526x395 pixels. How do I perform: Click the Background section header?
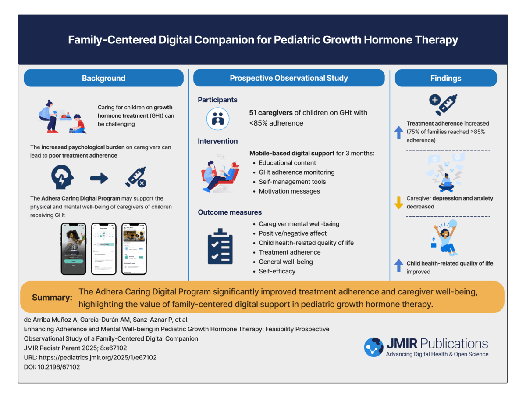[103, 78]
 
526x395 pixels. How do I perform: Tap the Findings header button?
[446, 78]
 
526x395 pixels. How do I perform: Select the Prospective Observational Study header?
[289, 78]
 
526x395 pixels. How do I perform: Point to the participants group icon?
[218, 118]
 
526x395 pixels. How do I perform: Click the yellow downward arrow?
[399, 203]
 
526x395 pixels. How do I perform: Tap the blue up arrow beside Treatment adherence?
[399, 132]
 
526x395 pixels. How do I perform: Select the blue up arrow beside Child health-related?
[399, 265]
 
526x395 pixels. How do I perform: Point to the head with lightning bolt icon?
[62, 178]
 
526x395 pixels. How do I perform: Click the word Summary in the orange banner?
[52, 298]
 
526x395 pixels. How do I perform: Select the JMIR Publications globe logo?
[373, 347]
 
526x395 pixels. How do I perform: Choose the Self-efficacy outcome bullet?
[277, 271]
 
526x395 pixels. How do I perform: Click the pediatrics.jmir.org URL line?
[90, 357]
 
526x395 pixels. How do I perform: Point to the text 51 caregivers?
[271, 113]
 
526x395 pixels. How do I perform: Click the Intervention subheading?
[218, 141]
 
